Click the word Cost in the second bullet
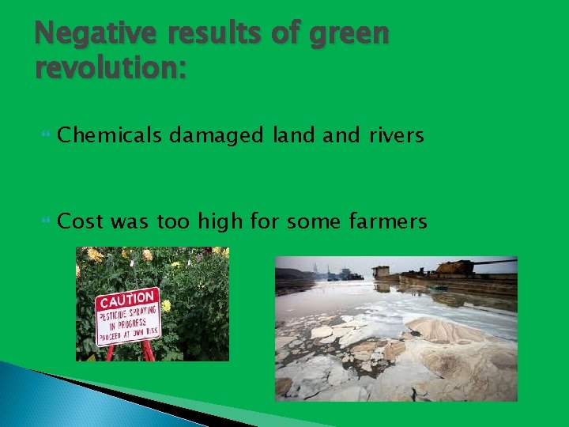click(81, 221)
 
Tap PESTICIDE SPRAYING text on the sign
click(129, 316)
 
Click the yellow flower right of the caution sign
click(167, 305)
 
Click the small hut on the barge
click(382, 270)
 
